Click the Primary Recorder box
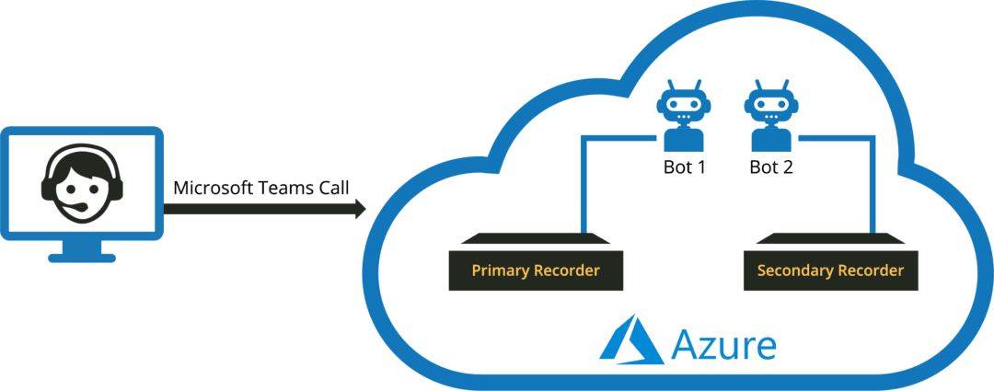pos(535,270)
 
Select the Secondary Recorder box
pos(829,270)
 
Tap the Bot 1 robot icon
pos(684,115)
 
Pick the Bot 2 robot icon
pos(770,115)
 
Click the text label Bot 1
pos(684,168)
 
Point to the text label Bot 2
pos(771,168)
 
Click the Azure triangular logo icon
pos(631,342)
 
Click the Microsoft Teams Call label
pos(261,188)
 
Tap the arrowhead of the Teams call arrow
pos(358,211)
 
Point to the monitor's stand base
pos(82,257)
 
